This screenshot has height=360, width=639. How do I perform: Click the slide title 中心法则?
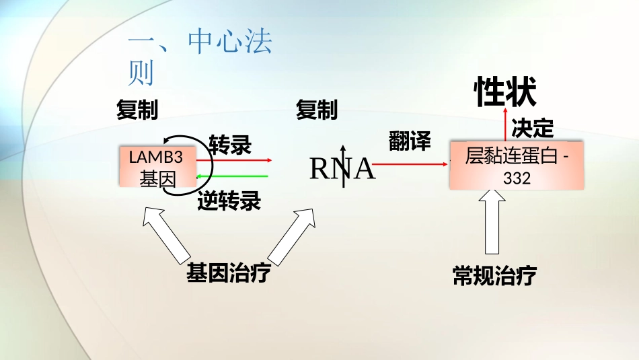(x=200, y=57)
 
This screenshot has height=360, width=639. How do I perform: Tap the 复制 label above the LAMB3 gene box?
(x=137, y=110)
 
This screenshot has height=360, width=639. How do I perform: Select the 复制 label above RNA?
(x=317, y=110)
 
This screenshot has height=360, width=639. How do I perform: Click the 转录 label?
(x=231, y=145)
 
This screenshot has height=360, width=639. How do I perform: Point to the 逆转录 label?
(x=229, y=201)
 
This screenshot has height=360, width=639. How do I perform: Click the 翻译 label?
(x=410, y=141)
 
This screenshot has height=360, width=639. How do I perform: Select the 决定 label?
(x=533, y=128)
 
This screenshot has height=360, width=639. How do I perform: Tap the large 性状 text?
(x=506, y=92)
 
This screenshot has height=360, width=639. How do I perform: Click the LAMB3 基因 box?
(x=157, y=166)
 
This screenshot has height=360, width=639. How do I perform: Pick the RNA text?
(x=342, y=169)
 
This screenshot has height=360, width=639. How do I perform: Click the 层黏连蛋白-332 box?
(x=517, y=166)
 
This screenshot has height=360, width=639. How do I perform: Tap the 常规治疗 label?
(x=495, y=276)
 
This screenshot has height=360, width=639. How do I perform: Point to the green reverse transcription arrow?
(x=232, y=176)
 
